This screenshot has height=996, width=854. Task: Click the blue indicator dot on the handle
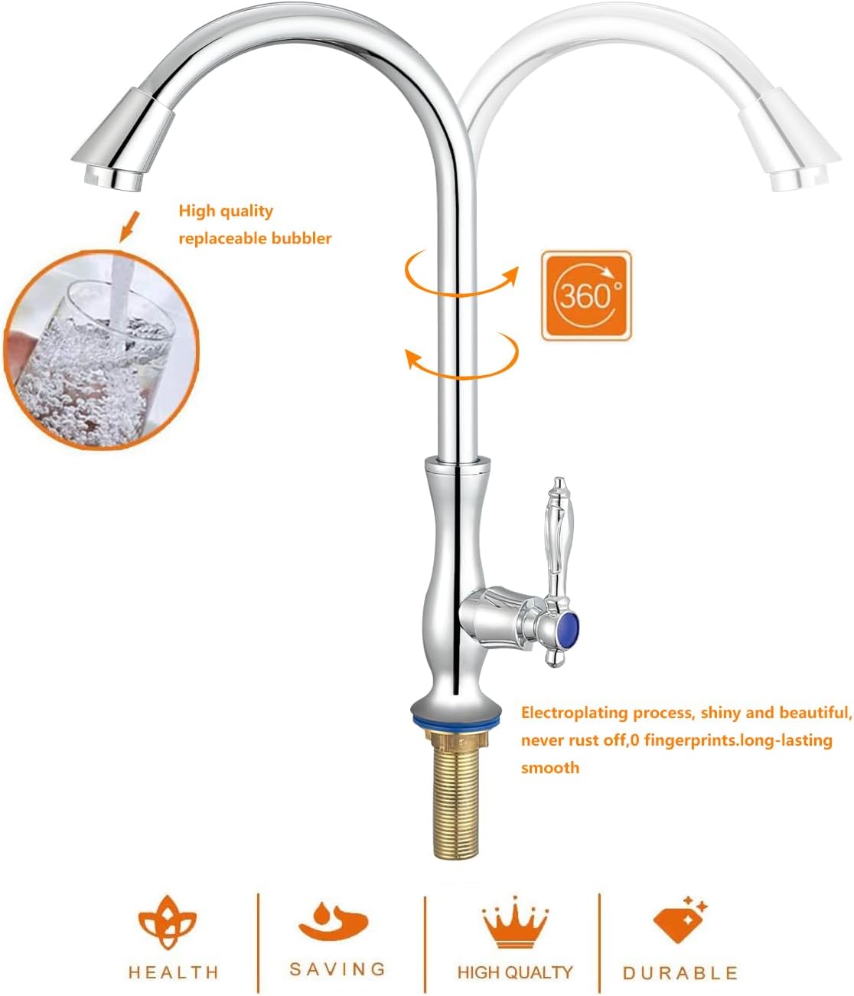click(x=568, y=629)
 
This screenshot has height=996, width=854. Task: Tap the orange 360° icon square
click(x=586, y=295)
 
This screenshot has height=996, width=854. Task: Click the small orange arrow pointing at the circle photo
click(x=129, y=227)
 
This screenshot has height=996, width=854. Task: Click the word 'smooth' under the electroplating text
click(x=549, y=768)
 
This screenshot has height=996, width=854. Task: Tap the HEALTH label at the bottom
click(x=174, y=972)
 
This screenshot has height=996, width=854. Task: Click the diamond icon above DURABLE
click(x=678, y=921)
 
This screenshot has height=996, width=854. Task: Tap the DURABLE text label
click(x=680, y=973)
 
